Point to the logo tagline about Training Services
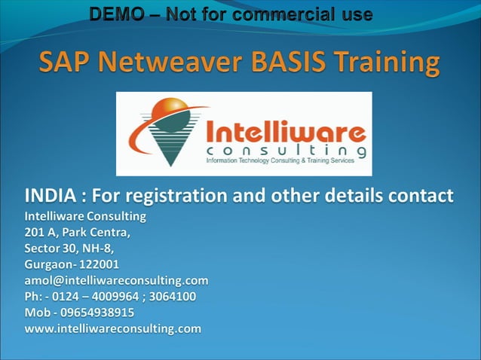tap(286, 161)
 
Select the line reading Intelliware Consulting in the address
tap(85, 217)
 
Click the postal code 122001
tap(97, 264)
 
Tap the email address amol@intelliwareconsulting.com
tap(116, 280)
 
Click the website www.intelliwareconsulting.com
tap(113, 328)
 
